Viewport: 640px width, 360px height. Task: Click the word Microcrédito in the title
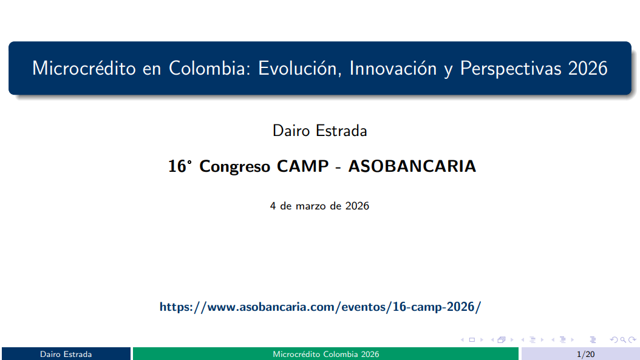tap(84, 68)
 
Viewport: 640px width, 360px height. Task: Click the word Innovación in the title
tap(390, 68)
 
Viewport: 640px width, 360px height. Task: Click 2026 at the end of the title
tap(588, 68)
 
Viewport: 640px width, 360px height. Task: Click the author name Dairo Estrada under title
tap(319, 131)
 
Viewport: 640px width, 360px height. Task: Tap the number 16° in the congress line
tap(180, 166)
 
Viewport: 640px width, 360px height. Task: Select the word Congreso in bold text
tap(235, 166)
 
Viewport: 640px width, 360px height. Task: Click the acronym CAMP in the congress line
tap(302, 166)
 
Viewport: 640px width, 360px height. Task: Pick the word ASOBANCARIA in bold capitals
tap(412, 166)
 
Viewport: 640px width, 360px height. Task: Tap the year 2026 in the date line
tap(357, 206)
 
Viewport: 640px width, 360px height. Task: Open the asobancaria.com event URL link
tap(319, 307)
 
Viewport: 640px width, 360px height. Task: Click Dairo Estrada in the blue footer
tap(66, 354)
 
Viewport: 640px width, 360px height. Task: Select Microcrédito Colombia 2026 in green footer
tap(325, 354)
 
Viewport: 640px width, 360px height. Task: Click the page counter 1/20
tap(585, 354)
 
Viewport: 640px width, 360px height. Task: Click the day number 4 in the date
tap(273, 206)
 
